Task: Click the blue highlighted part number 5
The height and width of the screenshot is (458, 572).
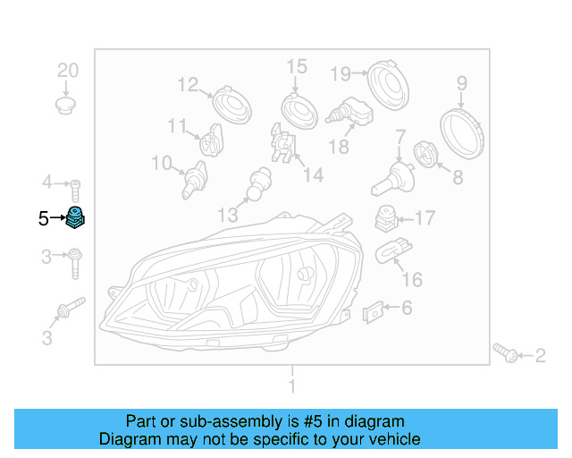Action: pyautogui.click(x=76, y=217)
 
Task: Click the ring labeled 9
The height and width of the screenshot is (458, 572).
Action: pyautogui.click(x=464, y=131)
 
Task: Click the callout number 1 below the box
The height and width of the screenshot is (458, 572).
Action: pyautogui.click(x=291, y=386)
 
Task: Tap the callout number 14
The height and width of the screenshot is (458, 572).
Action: pyautogui.click(x=312, y=175)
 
